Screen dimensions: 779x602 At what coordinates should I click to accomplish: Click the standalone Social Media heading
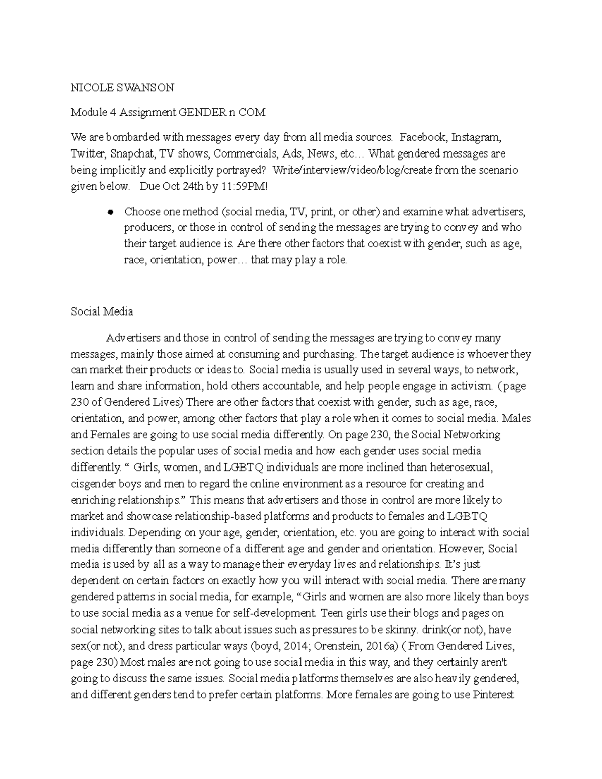(102, 311)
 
